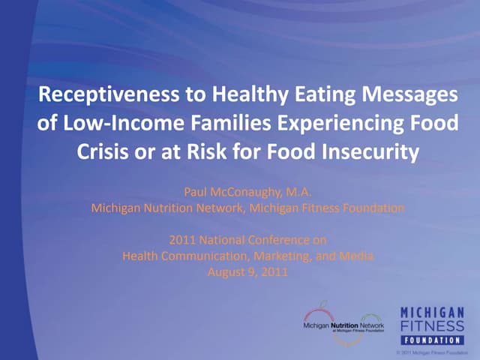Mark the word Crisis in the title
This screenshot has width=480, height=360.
pyautogui.click(x=103, y=152)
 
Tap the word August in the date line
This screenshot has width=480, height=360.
pyautogui.click(x=224, y=271)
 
